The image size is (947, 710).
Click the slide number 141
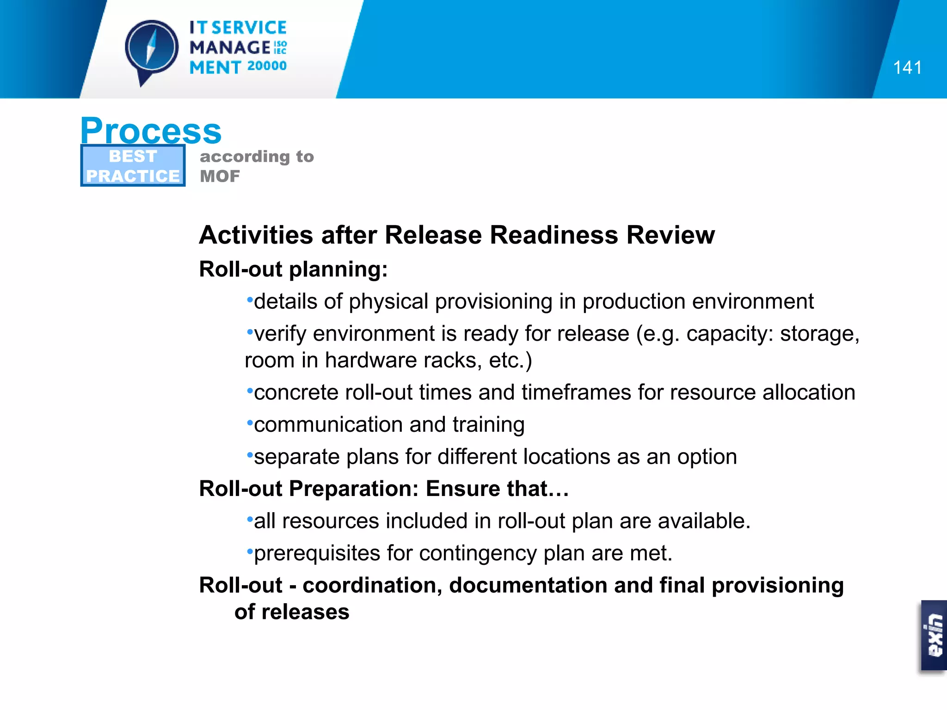pyautogui.click(x=907, y=68)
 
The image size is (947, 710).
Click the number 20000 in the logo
pyautogui.click(x=267, y=66)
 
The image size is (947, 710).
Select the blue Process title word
pyautogui.click(x=151, y=131)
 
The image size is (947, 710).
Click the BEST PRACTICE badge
pyautogui.click(x=133, y=166)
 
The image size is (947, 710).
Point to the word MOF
pyautogui.click(x=220, y=176)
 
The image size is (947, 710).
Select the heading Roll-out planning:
pyautogui.click(x=293, y=269)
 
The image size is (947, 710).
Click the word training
pyautogui.click(x=488, y=425)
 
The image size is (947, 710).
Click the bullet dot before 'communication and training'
pyautogui.click(x=250, y=422)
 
